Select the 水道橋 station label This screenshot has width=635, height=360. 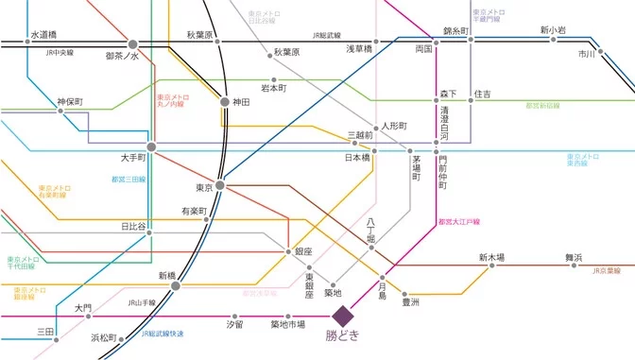coord(43,34)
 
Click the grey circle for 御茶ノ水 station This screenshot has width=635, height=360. coord(133,43)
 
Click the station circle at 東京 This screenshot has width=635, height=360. coord(219,186)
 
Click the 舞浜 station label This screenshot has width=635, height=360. coord(575,257)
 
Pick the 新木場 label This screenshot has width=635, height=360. coord(491,257)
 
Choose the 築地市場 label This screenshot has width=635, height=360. coord(287,325)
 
